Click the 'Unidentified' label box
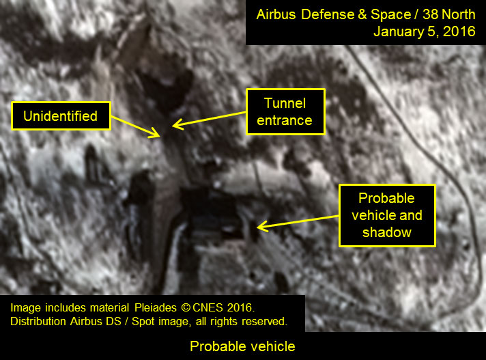pos(61,115)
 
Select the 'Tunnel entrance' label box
pos(285,111)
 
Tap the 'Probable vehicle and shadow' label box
pos(387,215)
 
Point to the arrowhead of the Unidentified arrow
pos(155,133)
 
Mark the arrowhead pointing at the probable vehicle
pos(263,226)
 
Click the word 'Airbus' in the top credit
pos(276,14)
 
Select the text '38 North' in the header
pos(449,14)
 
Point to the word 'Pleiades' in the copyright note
pos(155,307)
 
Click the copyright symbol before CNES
pos(186,307)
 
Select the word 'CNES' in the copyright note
pos(208,307)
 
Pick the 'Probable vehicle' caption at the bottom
pos(242,346)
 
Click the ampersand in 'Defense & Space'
pos(362,14)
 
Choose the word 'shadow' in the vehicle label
pos(387,232)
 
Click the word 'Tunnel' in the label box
pos(285,103)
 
